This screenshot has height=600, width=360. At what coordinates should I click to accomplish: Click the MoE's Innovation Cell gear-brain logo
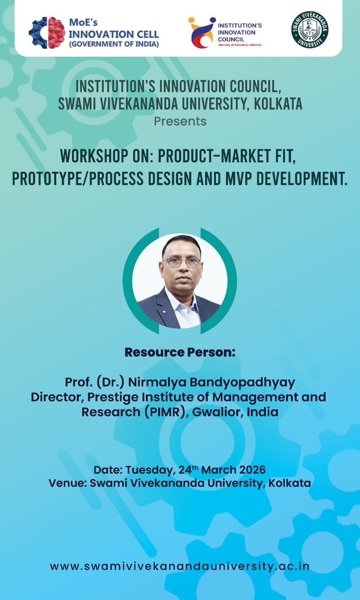(x=47, y=33)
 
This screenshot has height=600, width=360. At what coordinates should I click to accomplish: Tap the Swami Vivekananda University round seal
(x=310, y=30)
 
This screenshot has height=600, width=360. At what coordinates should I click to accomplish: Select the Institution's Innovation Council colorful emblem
(x=202, y=33)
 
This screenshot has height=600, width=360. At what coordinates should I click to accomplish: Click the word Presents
(x=180, y=121)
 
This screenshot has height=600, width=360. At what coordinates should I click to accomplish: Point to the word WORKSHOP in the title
(x=94, y=156)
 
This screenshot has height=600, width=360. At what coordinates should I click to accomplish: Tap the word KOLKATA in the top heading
(x=278, y=104)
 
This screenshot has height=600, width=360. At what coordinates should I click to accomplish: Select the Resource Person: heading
(x=180, y=352)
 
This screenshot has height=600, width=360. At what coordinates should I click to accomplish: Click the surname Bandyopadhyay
(x=242, y=382)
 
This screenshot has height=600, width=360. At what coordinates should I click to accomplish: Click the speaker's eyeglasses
(x=181, y=262)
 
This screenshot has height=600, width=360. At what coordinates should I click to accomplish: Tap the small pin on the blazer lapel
(x=164, y=312)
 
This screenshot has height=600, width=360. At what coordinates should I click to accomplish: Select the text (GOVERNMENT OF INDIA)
(x=114, y=44)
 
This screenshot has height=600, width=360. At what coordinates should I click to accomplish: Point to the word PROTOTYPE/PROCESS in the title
(x=78, y=178)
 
